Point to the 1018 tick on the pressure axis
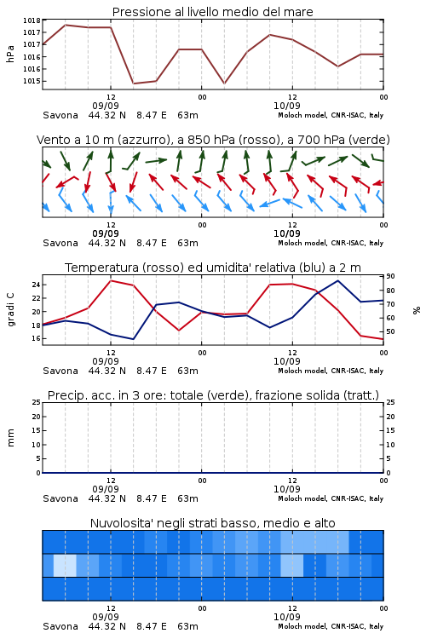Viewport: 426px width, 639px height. tap(32, 20)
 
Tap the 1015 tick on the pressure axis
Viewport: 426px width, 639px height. tap(32, 81)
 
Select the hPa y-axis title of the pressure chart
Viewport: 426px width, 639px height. tap(10, 54)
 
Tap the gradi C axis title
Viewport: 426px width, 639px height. tap(10, 310)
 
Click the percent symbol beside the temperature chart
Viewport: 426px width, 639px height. tap(417, 310)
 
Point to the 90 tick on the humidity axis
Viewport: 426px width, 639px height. tap(390, 276)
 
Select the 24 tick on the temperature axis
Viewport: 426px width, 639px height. tap(36, 285)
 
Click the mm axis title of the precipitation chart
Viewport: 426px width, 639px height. tap(10, 438)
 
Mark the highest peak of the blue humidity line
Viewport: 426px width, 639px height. tap(337, 280)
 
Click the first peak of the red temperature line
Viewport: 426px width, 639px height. tap(111, 280)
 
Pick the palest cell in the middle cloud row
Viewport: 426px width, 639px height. tap(65, 565)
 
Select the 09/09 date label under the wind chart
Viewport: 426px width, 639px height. tap(106, 233)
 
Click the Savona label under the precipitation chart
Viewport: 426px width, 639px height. tap(60, 498)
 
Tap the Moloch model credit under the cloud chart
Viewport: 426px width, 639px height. tap(331, 626)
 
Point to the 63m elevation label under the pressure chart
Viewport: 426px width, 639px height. tap(188, 115)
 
